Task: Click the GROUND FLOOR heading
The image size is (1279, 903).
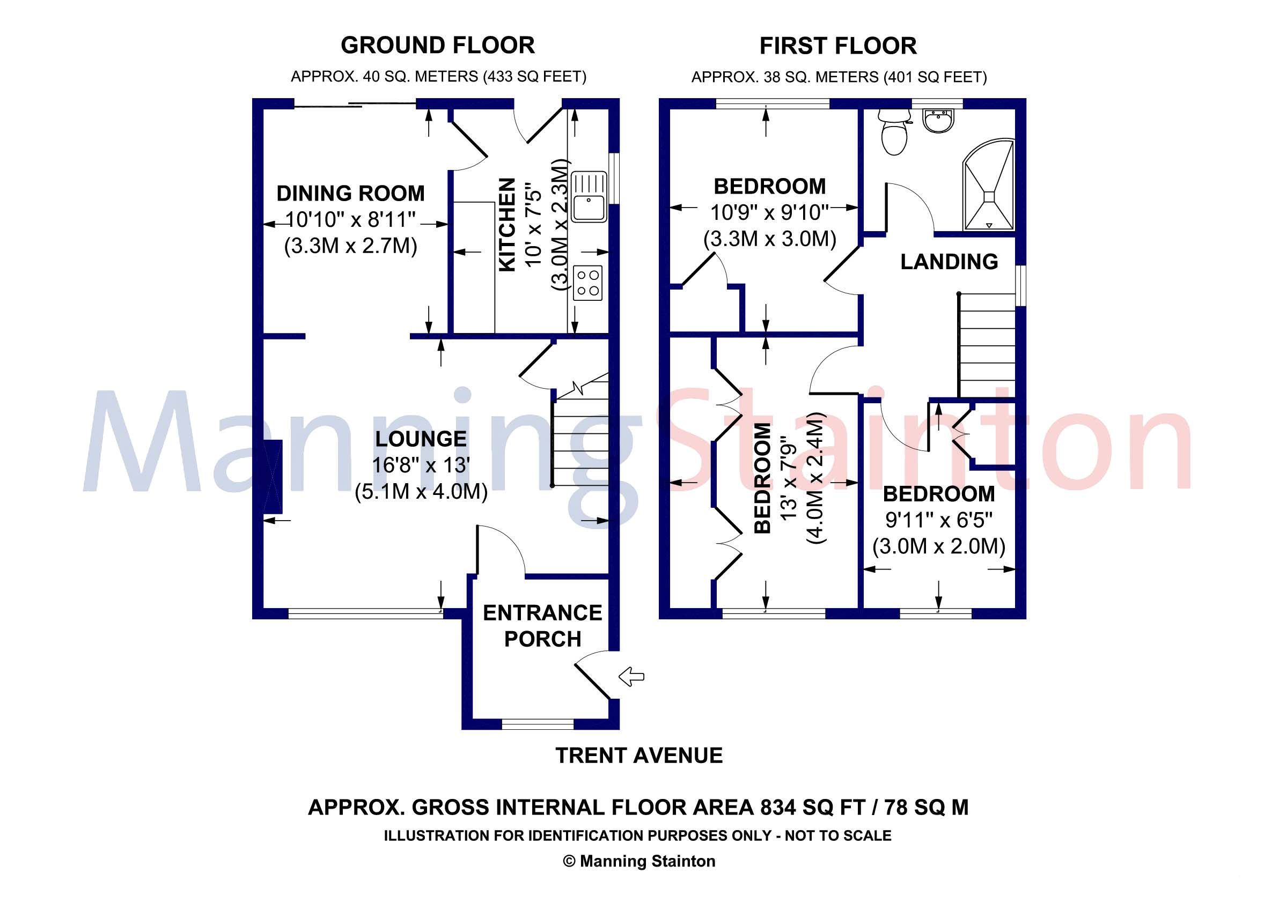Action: pyautogui.click(x=438, y=45)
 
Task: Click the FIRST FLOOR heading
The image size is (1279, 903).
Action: pyautogui.click(x=838, y=46)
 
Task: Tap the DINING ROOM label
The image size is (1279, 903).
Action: pyautogui.click(x=350, y=193)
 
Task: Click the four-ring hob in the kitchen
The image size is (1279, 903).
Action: pyautogui.click(x=588, y=283)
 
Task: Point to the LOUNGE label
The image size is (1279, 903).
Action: pyautogui.click(x=421, y=439)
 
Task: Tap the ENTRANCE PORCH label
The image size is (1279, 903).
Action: pyautogui.click(x=542, y=625)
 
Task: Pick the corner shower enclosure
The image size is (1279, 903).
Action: pyautogui.click(x=989, y=186)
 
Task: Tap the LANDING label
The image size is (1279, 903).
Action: pyautogui.click(x=949, y=262)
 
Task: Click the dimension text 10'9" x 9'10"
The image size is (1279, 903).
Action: pyautogui.click(x=770, y=212)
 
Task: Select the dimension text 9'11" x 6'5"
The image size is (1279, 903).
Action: pyautogui.click(x=939, y=520)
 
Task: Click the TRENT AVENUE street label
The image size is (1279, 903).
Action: pyautogui.click(x=639, y=756)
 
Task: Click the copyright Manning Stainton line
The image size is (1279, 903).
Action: pyautogui.click(x=639, y=861)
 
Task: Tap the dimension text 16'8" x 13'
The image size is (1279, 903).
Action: pyautogui.click(x=421, y=464)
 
